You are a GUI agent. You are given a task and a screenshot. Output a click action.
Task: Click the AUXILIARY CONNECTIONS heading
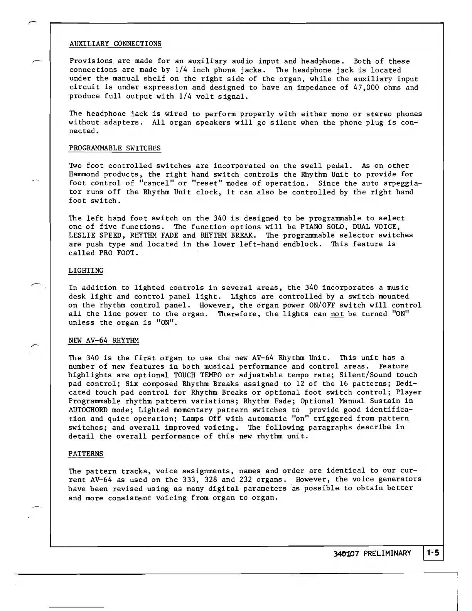(115, 44)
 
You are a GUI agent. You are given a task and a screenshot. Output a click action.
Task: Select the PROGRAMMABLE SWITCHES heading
(115, 148)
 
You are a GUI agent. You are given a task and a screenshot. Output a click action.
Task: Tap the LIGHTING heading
(86, 270)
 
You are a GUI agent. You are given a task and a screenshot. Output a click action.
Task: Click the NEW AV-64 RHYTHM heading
(103, 341)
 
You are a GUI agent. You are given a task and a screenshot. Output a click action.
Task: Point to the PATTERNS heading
(86, 453)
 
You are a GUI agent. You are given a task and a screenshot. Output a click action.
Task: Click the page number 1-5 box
(434, 553)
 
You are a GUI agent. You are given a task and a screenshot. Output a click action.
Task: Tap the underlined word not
(337, 314)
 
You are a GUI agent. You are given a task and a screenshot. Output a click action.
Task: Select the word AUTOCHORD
(88, 410)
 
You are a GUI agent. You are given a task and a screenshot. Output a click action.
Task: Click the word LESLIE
(81, 235)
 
